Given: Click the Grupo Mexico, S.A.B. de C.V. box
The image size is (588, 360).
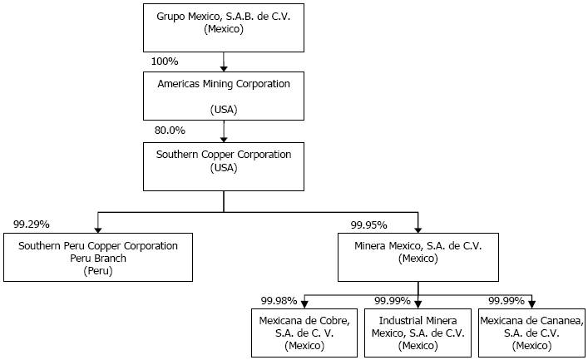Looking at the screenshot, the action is coord(224,27).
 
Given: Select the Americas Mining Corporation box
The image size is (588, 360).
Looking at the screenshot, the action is coord(224,96).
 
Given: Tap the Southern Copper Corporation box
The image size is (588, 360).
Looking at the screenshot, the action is coord(224,166).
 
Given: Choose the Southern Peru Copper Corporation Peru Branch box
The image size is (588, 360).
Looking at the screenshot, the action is coord(98,257).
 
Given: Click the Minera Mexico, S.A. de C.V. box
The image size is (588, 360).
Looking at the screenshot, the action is coord(418,257).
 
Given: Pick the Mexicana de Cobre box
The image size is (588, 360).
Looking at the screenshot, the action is coord(304,333).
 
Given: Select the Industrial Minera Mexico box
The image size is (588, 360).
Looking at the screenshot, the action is coord(418,333).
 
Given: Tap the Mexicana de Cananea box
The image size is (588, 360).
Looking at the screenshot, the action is coord(531,333).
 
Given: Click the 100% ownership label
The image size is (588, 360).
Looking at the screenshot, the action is coord(165,62).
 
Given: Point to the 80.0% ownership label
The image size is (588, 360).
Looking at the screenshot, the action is coord(170,131).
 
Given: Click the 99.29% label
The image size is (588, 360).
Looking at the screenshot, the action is coord(32,224).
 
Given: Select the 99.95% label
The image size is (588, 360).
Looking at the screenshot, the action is coord(369,225).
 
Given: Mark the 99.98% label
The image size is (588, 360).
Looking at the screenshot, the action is coord(279,301).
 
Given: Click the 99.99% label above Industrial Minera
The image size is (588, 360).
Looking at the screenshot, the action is coord(393,301).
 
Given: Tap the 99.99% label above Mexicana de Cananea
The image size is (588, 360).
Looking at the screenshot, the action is coord(506,301).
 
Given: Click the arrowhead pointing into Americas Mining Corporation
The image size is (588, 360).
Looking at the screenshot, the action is coord(224,69).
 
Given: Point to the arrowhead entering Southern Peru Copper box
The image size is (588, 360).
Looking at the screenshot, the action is coord(98,229).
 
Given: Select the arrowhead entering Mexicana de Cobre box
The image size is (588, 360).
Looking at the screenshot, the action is coord(305,305).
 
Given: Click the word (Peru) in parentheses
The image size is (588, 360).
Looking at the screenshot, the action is coord(98,271).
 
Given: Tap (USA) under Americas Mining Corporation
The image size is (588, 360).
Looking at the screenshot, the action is coord(224,110).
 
